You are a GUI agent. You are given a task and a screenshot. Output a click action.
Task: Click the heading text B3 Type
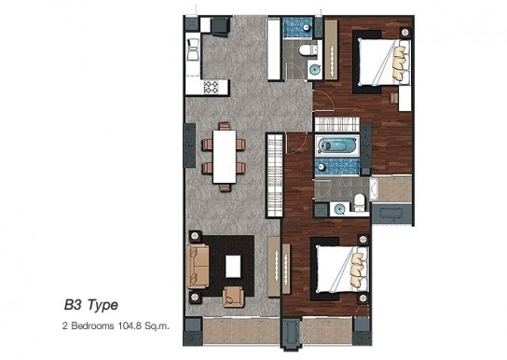click(x=91, y=305)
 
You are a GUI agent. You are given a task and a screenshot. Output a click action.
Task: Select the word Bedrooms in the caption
click(x=92, y=325)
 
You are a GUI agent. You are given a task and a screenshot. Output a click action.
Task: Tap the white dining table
click(x=225, y=157)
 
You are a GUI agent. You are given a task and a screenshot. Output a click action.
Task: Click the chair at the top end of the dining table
click(x=225, y=126)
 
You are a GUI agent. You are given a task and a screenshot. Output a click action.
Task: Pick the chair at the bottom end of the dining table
click(x=225, y=187)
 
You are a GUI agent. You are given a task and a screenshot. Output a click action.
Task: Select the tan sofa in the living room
click(x=198, y=266)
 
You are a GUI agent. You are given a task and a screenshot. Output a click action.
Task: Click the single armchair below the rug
click(x=233, y=297)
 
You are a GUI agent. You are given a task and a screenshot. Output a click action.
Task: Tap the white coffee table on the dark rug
click(x=233, y=266)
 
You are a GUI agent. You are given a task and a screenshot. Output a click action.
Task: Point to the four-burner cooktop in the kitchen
click(x=211, y=87)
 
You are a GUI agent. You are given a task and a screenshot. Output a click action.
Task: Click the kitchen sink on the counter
click(x=193, y=49)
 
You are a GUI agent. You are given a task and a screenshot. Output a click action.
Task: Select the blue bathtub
click(x=337, y=145)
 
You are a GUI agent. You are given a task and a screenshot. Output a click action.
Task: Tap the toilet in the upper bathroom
click(x=308, y=49)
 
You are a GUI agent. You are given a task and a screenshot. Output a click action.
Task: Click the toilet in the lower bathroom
click(x=359, y=202)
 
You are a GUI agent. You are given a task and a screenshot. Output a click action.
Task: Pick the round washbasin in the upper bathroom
click(x=314, y=69)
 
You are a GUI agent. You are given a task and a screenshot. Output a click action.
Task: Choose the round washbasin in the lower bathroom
click(x=339, y=209)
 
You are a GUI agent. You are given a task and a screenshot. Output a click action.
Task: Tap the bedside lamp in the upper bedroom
click(x=404, y=33)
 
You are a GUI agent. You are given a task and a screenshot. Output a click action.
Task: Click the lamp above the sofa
click(x=195, y=236)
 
